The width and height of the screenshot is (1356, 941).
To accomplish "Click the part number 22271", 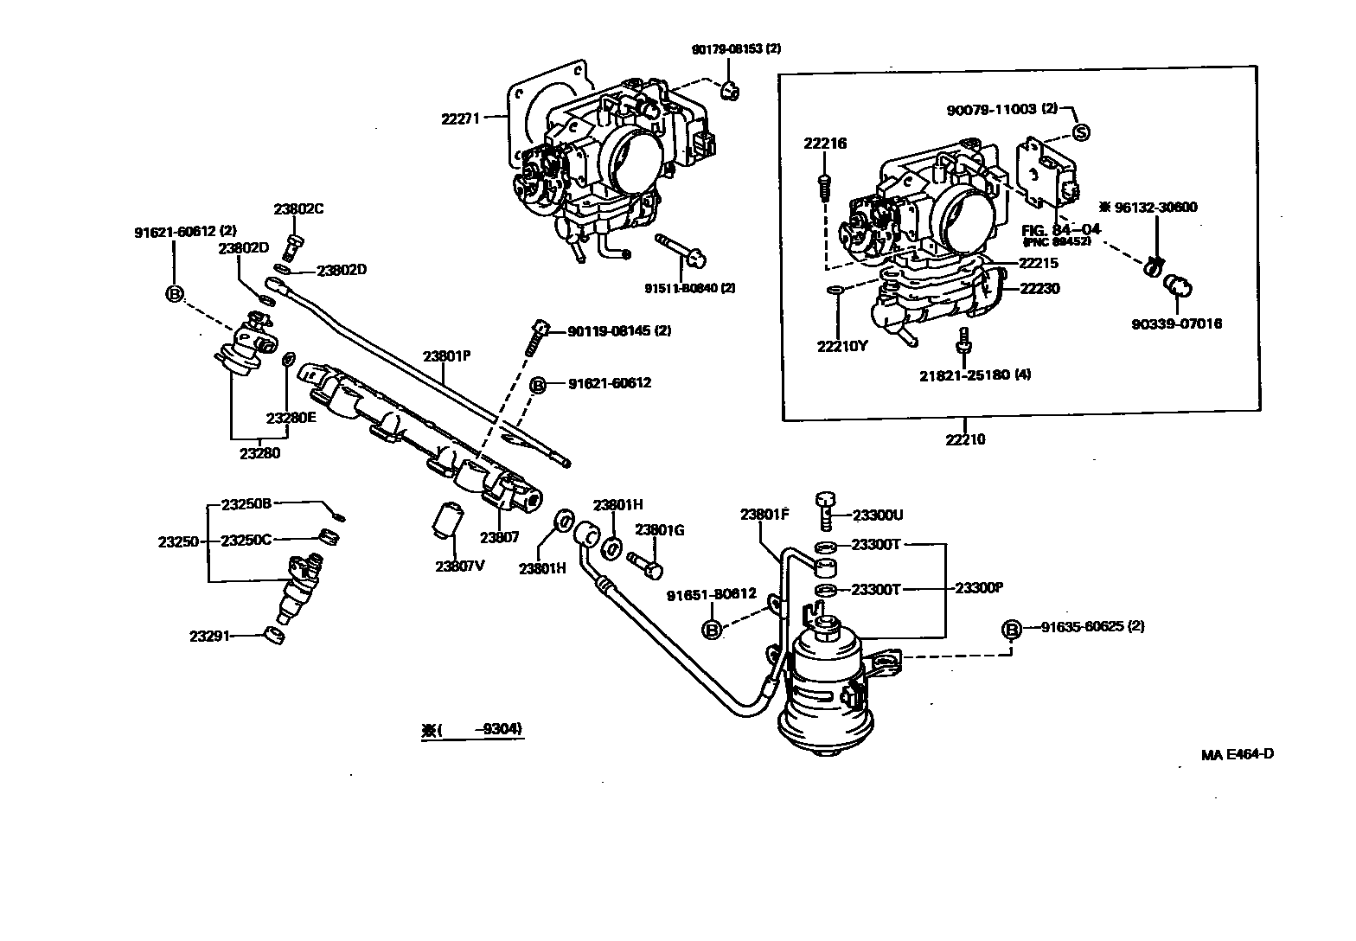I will click(x=460, y=120).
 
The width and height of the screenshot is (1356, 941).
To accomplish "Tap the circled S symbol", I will click(x=1081, y=132).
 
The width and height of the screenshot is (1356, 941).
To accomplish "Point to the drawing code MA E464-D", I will click(x=1237, y=753).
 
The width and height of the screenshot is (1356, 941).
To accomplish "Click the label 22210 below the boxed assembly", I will click(x=965, y=439).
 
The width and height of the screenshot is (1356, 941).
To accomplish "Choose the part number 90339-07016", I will click(x=1176, y=324).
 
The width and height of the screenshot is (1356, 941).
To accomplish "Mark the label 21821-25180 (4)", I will click(x=974, y=374).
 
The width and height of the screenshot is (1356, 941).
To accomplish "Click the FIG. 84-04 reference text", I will click(x=1060, y=230).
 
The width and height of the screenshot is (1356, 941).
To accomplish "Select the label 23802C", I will click(x=298, y=209).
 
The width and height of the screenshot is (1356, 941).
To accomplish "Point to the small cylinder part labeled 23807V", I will click(x=449, y=521).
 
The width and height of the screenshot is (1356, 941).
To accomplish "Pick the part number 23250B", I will click(x=246, y=503).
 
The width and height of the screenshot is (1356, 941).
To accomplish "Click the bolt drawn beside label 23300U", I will click(x=824, y=510).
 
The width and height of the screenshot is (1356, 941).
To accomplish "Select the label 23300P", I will click(x=978, y=587).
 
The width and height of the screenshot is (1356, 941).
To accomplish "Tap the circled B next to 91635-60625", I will click(x=1011, y=630).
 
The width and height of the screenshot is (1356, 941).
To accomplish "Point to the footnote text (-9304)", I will click(x=474, y=729).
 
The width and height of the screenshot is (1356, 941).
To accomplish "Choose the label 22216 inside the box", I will click(x=824, y=144).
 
